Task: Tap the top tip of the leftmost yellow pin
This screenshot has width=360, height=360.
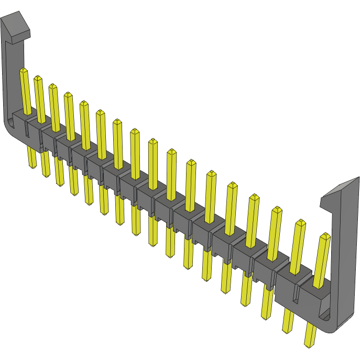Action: (x=23, y=71)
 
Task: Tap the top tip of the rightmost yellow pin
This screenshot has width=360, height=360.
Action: (x=325, y=236)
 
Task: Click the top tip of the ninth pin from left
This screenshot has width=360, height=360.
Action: (x=153, y=142)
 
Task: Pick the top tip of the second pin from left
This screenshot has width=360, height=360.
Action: (x=38, y=79)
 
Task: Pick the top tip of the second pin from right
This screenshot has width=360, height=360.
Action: (x=301, y=223)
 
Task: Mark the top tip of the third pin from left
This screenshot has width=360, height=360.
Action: (x=52, y=86)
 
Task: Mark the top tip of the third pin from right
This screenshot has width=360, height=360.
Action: (x=277, y=211)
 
